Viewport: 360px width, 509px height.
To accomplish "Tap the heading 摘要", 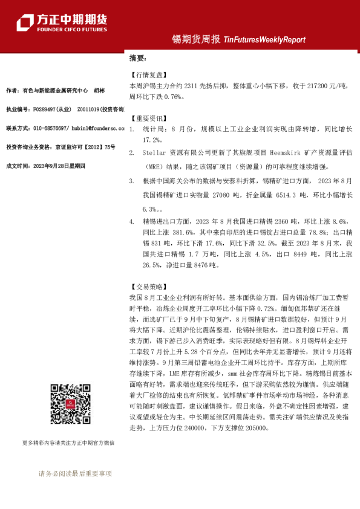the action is click(x=137, y=59).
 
